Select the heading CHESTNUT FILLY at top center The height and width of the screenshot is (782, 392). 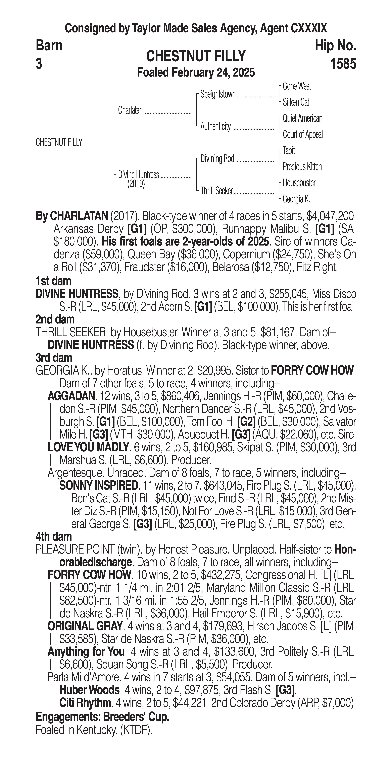point(196,56)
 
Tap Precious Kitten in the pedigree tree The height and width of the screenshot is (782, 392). point(302,167)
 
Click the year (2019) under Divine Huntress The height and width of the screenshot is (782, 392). point(136,184)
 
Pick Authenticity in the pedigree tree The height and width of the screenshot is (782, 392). point(215,126)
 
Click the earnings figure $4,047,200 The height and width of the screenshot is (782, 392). point(331,216)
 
